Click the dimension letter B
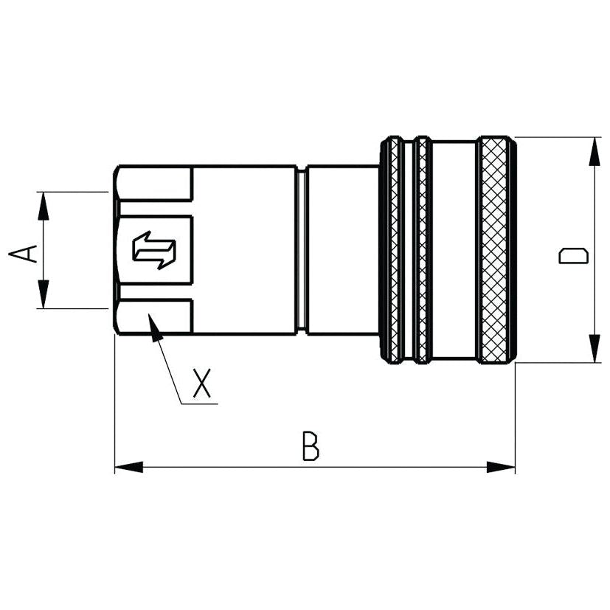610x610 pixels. pyautogui.click(x=311, y=447)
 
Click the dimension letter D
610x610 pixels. pyautogui.click(x=573, y=256)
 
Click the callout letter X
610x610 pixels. pyautogui.click(x=201, y=384)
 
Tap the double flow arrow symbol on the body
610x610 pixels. pyautogui.click(x=154, y=249)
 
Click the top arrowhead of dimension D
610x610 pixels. pyautogui.click(x=593, y=150)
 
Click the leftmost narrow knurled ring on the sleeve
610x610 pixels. pyautogui.click(x=395, y=249)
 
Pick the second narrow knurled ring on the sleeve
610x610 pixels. pyautogui.click(x=421, y=249)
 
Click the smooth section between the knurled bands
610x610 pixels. pyautogui.click(x=453, y=249)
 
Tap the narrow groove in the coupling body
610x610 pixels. pyautogui.click(x=302, y=249)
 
